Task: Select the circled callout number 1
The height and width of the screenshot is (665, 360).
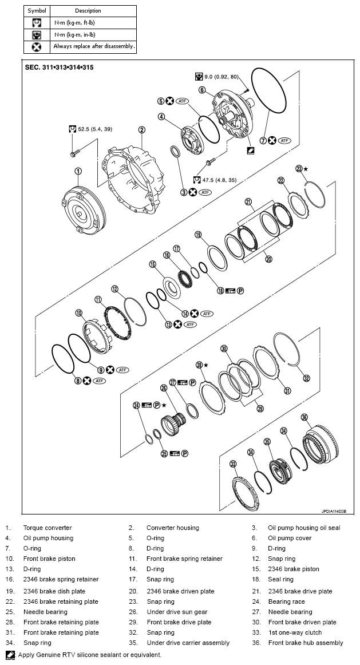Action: tap(78, 171)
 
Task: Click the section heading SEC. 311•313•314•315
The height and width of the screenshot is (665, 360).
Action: tap(60, 67)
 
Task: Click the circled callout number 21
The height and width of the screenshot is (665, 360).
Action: tap(248, 201)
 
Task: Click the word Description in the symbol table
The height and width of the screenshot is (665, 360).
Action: tap(88, 11)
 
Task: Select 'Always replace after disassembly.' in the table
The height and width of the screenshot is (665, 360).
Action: tap(94, 46)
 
